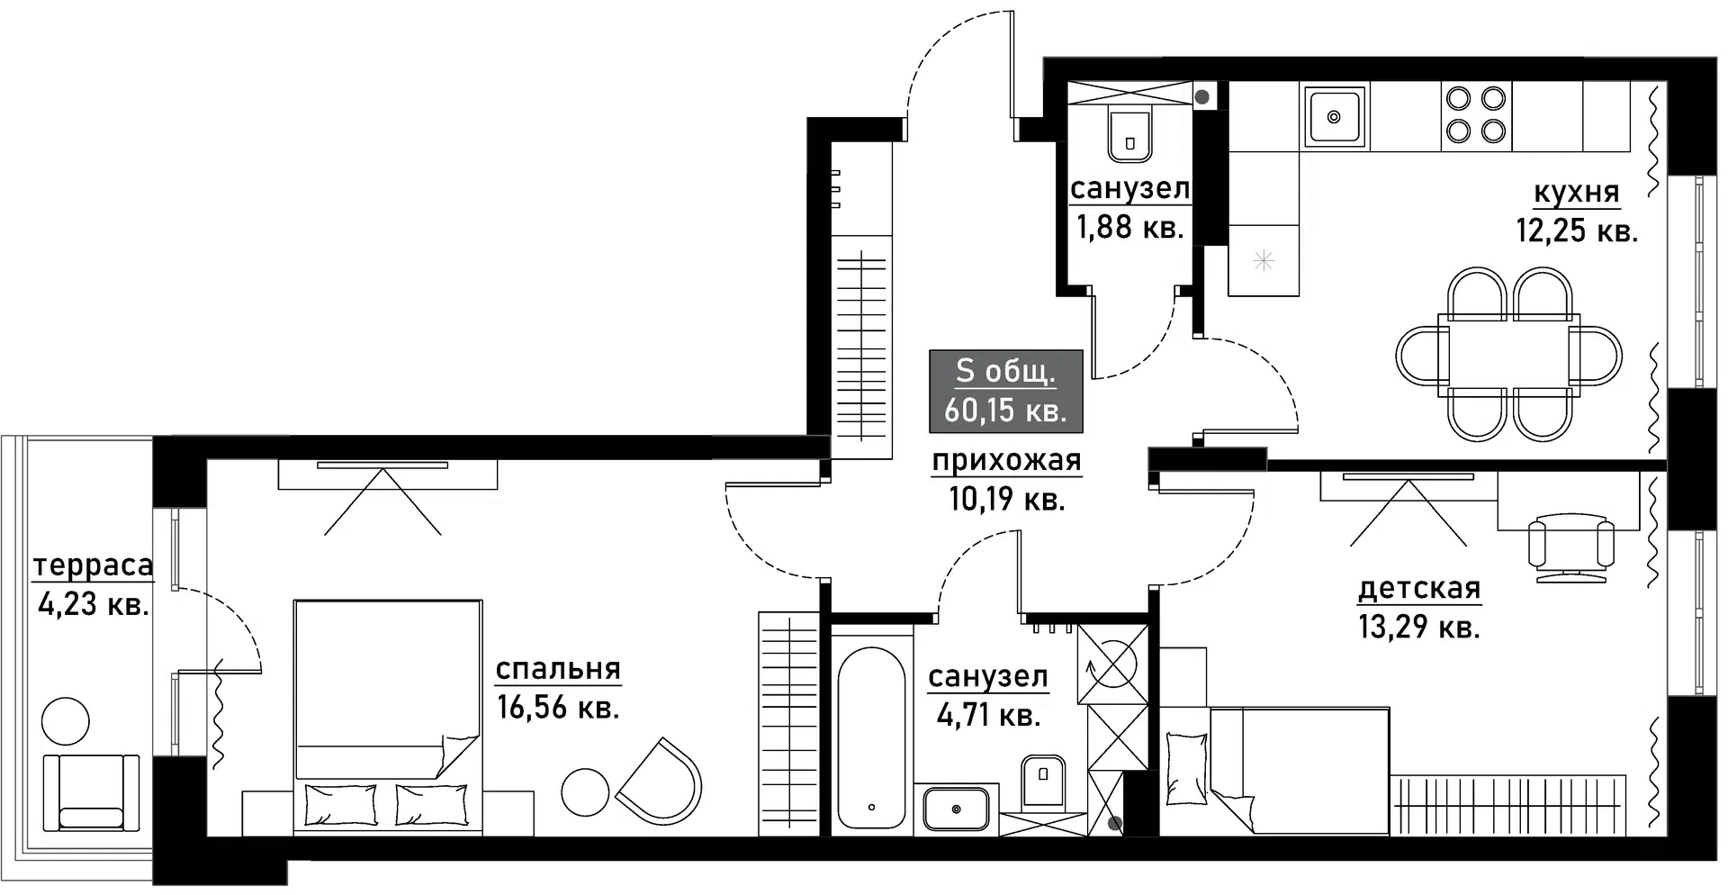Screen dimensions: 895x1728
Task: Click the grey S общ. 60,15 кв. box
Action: coord(1005,391)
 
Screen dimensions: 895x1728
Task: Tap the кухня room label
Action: coord(1576,192)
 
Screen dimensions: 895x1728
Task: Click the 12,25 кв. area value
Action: coord(1577,231)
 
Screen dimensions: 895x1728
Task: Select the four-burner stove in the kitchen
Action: coord(1475,115)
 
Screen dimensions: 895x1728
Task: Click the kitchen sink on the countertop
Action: coord(1334,115)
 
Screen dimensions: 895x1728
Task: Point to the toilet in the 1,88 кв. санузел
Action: coord(1129,137)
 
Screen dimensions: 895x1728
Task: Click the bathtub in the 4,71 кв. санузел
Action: coord(870,737)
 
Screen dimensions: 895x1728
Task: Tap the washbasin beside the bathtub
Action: coord(956,809)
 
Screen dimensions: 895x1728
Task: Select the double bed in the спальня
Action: coord(388,716)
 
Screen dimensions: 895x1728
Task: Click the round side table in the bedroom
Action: coord(585,793)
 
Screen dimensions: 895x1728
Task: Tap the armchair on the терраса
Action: coord(91,792)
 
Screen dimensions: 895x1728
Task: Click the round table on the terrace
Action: coord(66,720)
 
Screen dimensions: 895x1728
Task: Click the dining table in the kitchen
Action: coord(1509,351)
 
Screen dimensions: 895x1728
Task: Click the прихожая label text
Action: coord(1006,461)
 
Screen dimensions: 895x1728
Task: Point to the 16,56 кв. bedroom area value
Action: coord(558,708)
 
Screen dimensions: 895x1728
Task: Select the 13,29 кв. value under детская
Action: coord(1418,627)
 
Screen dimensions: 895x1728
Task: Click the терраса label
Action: coord(93,565)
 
